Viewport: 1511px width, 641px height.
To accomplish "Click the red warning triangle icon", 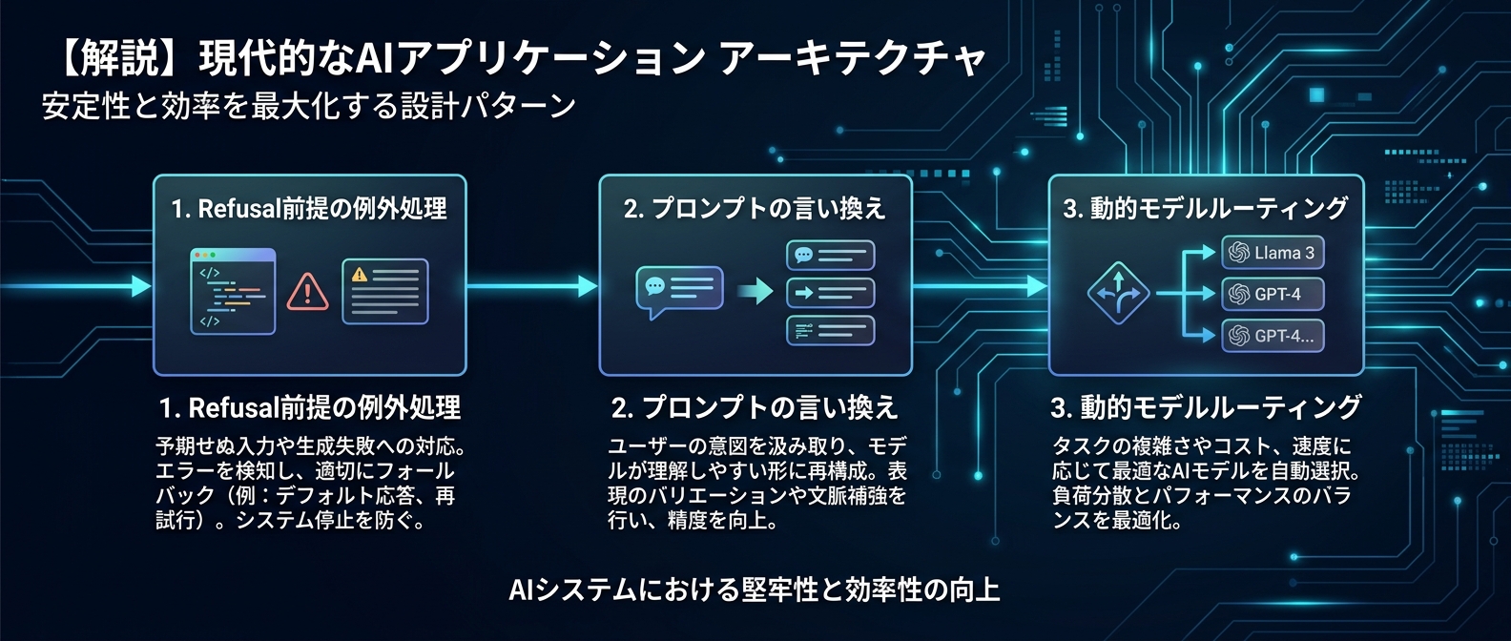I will coord(307,292).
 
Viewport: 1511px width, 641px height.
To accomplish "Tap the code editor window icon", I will coord(233,291).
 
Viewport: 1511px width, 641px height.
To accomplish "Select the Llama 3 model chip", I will coord(1273,253).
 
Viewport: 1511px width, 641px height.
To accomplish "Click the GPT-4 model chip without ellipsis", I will coord(1273,294).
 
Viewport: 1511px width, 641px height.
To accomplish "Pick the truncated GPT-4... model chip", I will coord(1273,336).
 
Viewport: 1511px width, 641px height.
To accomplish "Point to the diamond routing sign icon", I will coord(1118,293).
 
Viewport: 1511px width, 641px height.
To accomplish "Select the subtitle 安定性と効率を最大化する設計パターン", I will coord(308,106).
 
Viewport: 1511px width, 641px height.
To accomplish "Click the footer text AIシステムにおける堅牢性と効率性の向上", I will coord(755,589).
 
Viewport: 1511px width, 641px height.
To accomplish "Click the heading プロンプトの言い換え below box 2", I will coord(769,408).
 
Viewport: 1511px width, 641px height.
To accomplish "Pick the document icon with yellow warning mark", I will coord(385,292).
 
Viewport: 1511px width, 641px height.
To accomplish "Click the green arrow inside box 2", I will coord(756,290).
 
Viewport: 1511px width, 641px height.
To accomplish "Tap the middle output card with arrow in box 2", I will coord(830,293).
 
